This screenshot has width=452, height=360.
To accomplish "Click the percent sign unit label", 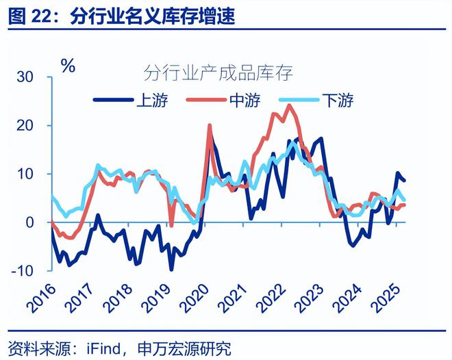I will (68, 66).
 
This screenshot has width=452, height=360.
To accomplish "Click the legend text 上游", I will (152, 101).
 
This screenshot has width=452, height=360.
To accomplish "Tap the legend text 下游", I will (338, 101).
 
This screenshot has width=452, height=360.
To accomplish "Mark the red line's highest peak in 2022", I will (290, 105).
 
